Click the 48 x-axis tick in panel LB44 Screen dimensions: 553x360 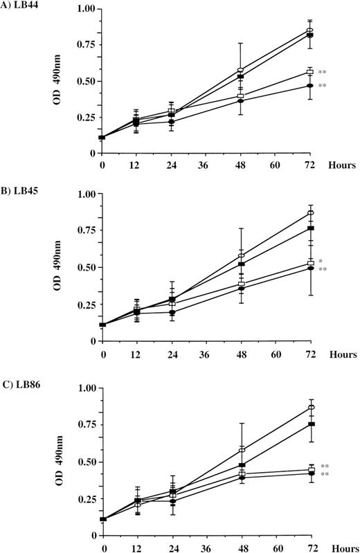(x=240, y=166)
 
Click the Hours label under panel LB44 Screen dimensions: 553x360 (x=343, y=166)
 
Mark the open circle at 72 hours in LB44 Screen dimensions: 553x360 (x=309, y=30)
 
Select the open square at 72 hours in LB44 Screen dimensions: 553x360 (x=310, y=72)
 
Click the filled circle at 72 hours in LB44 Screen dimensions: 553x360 (x=309, y=85)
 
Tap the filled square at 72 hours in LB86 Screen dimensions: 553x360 (x=310, y=424)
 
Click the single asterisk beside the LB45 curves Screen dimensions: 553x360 (x=322, y=262)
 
